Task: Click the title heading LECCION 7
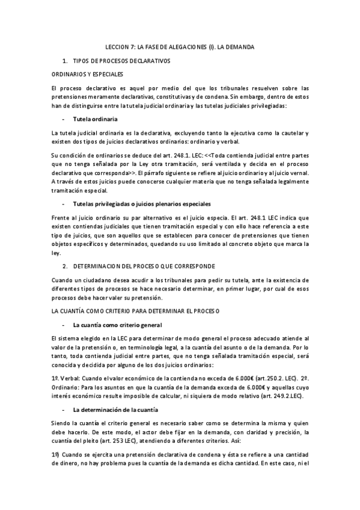(180, 46)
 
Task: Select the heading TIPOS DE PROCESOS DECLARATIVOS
(121, 61)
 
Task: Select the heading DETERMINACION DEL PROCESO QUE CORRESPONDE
(139, 265)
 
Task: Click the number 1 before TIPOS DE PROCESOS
(64, 61)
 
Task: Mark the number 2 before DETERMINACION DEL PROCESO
(64, 265)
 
